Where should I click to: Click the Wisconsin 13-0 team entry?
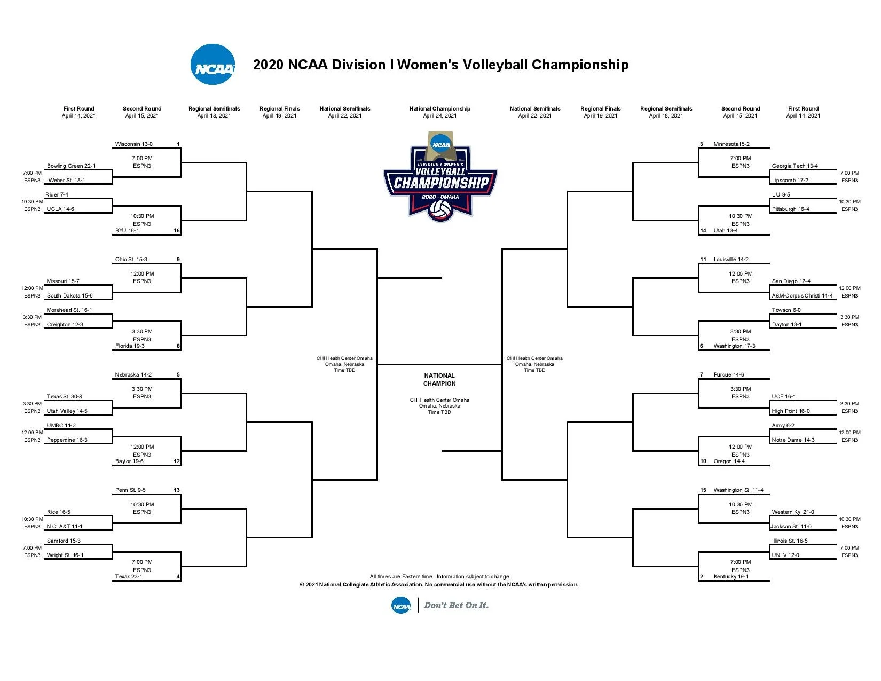[133, 144]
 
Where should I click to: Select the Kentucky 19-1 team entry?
[730, 576]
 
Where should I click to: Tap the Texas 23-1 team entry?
[129, 576]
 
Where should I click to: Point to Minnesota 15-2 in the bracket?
[731, 144]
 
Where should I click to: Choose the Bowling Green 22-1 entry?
[71, 166]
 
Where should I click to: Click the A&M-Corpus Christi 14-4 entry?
[802, 296]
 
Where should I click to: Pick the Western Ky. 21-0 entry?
[792, 512]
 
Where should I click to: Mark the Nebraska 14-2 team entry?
[133, 375]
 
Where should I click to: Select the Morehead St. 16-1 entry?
[69, 310]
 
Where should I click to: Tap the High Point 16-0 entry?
[791, 411]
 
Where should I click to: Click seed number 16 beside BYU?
[177, 230]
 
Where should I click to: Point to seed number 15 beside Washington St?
[703, 490]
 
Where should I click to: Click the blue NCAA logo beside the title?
[213, 65]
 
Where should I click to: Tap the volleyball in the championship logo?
[440, 210]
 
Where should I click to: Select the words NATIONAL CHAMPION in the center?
[439, 380]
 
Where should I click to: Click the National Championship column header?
[440, 112]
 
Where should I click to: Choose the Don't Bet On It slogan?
[456, 605]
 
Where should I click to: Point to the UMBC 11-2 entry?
[61, 426]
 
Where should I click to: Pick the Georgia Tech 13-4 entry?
[795, 166]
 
